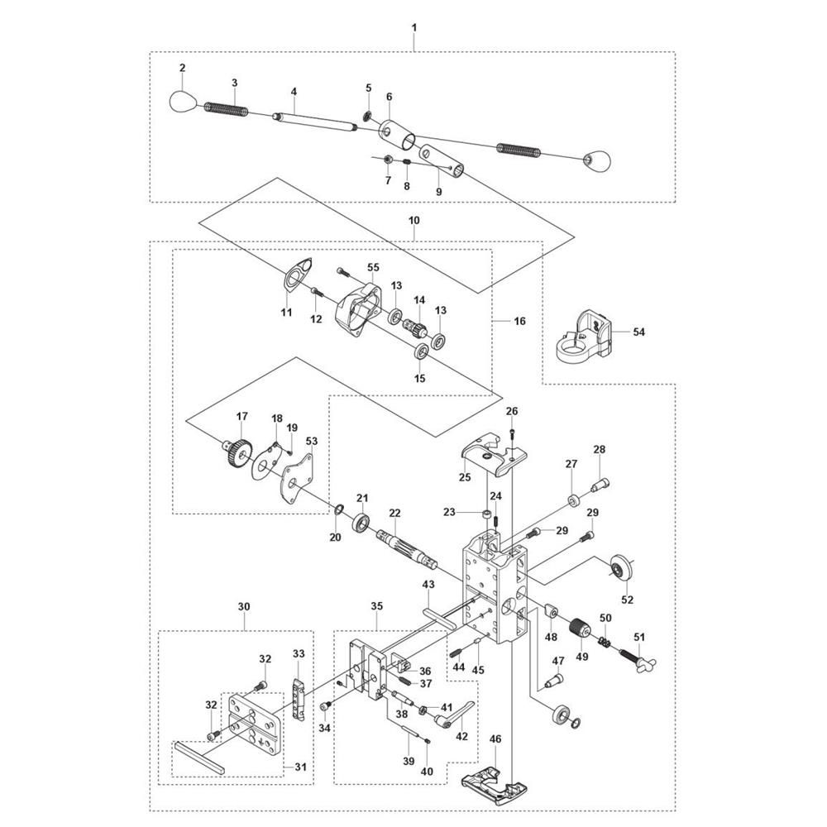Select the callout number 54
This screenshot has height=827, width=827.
point(638,332)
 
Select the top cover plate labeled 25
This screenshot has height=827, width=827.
point(495,452)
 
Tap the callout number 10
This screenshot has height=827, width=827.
point(414,220)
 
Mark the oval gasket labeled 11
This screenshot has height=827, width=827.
point(298,274)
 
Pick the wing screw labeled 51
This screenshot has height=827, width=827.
point(638,657)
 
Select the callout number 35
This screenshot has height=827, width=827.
point(376,606)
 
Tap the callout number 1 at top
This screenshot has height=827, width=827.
point(414,27)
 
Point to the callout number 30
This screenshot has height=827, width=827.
point(244,606)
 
